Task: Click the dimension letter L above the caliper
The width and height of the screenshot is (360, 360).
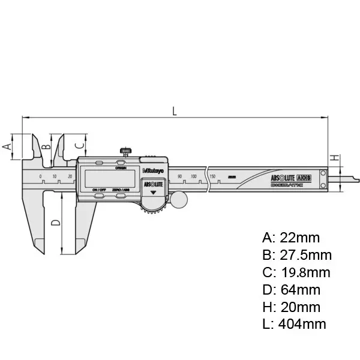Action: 174,110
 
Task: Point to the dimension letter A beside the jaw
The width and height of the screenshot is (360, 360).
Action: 7,146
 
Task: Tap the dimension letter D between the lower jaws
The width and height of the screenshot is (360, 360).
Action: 55,223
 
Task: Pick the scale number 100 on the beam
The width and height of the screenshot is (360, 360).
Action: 194,176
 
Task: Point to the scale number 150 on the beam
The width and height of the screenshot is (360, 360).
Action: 212,176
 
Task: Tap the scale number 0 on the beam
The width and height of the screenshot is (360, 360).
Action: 41,176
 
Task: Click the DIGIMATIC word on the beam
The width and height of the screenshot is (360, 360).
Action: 287,186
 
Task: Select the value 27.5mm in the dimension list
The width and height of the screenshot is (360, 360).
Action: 305,254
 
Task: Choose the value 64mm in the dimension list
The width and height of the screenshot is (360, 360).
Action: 300,290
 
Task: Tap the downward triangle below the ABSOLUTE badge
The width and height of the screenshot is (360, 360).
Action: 153,194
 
